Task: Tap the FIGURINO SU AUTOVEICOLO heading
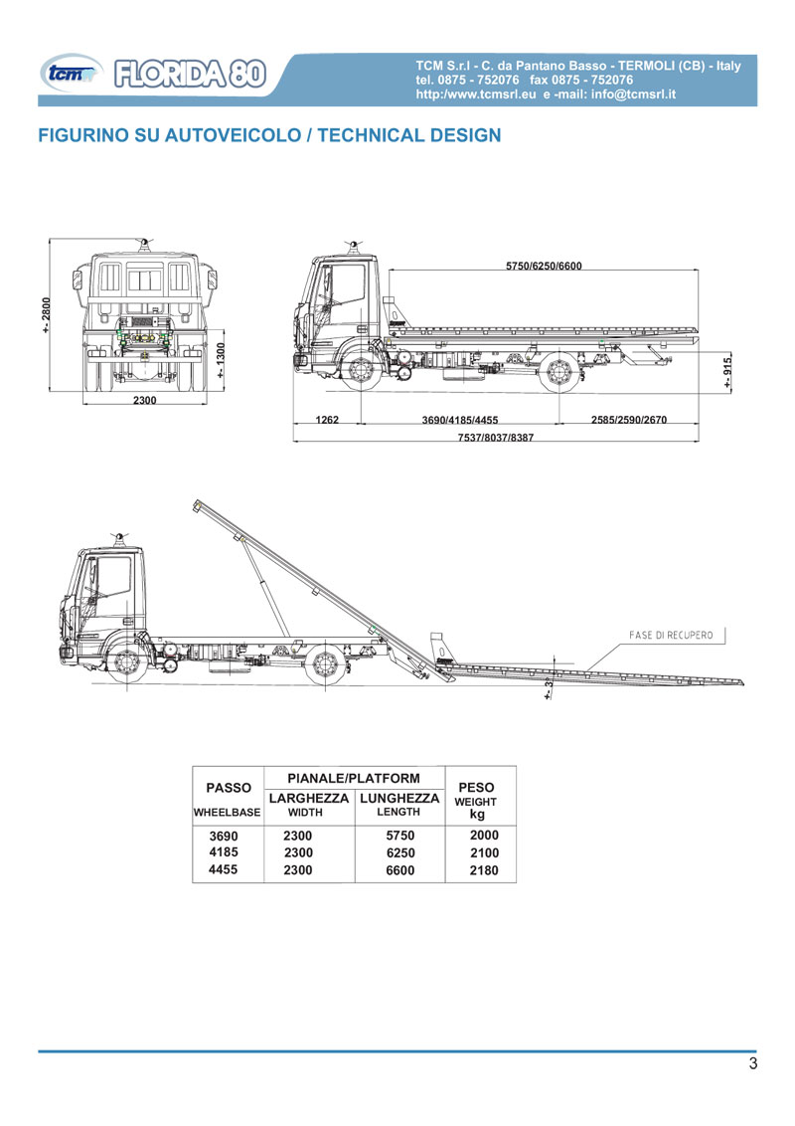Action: coord(268,134)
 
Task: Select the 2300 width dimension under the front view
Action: coord(145,400)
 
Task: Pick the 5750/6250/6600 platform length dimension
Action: coord(544,266)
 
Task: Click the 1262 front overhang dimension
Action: coord(327,421)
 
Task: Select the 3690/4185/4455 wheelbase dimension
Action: coord(460,421)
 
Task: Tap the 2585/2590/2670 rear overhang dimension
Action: coord(628,421)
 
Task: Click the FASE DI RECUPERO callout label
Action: coord(671,634)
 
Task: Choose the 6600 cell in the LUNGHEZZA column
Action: coord(399,870)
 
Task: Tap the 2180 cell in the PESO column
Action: coord(484,870)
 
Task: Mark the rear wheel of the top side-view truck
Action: coord(556,373)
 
